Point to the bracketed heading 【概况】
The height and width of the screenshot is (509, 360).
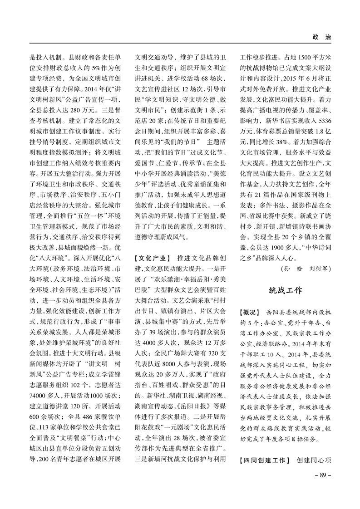click(x=249, y=313)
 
